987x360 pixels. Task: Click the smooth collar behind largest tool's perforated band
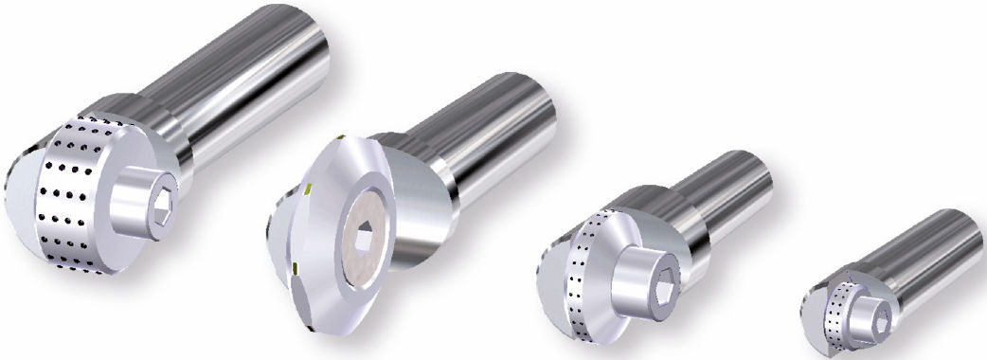click(142, 118)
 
